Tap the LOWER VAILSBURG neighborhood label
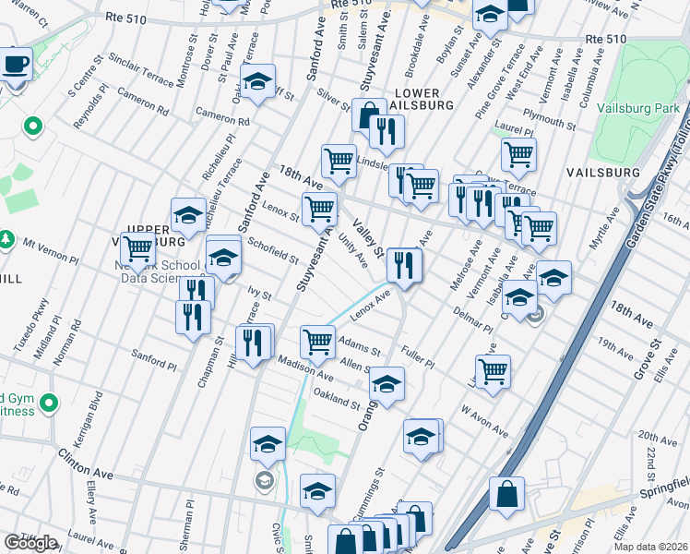coord(423,99)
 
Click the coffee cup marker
coord(15,66)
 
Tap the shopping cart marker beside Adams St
coord(318,341)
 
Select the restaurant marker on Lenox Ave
coord(404,266)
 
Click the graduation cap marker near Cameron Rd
coord(258,81)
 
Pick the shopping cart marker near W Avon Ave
coord(494,371)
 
